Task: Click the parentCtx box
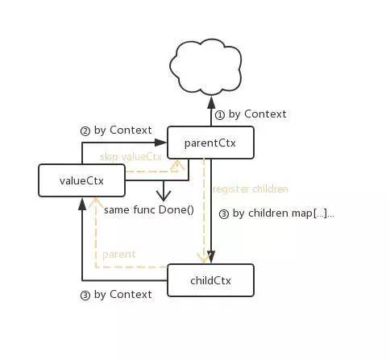click(x=210, y=143)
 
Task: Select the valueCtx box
click(x=81, y=180)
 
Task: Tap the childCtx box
click(x=210, y=280)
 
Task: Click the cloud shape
click(x=205, y=67)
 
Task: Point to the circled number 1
click(x=220, y=115)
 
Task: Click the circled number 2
click(x=85, y=131)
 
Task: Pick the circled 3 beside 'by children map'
click(x=224, y=214)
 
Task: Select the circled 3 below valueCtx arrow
click(x=85, y=296)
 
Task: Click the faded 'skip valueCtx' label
click(x=131, y=157)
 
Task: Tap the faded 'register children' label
click(x=251, y=189)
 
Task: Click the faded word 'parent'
click(x=118, y=254)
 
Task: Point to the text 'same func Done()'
click(x=149, y=209)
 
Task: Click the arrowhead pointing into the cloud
click(x=211, y=102)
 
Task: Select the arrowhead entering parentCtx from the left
click(x=161, y=143)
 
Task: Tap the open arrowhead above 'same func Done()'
click(x=164, y=197)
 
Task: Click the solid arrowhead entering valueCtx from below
click(x=82, y=204)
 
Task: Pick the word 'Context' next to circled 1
click(x=265, y=114)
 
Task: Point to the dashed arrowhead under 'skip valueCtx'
click(x=177, y=165)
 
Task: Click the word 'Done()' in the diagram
click(x=176, y=209)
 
